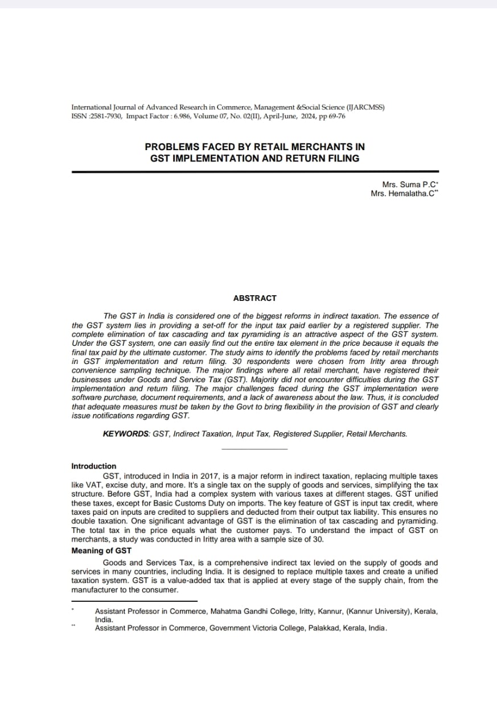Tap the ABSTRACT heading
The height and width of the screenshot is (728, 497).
[254, 298]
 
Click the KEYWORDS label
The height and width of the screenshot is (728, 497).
[126, 433]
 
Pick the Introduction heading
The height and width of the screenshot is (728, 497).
[93, 466]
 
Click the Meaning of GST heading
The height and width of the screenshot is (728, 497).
[101, 551]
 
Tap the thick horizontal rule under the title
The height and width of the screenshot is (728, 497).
[254, 171]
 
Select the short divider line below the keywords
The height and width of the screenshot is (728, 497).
[254, 449]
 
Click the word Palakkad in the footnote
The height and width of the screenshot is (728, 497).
[325, 628]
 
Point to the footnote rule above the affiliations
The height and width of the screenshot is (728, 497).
[134, 601]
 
